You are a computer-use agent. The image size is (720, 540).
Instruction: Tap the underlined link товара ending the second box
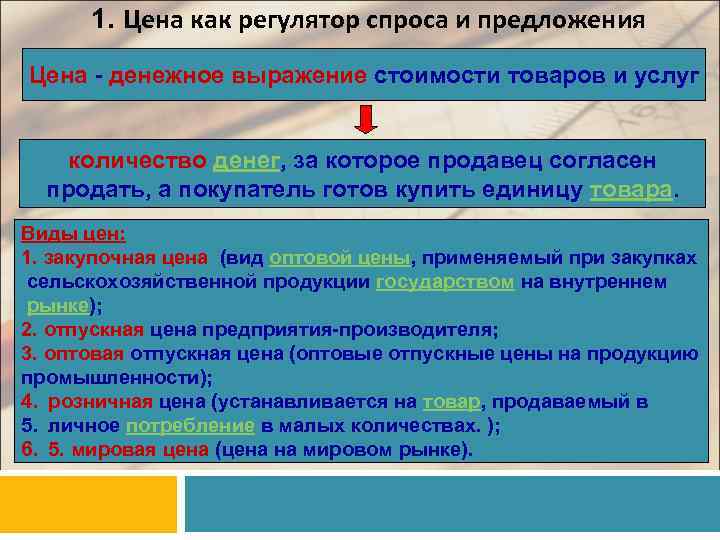pyautogui.click(x=632, y=190)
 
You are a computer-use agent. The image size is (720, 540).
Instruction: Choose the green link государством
pyautogui.click(x=445, y=282)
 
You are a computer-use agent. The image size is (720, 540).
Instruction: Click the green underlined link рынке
pyautogui.click(x=58, y=306)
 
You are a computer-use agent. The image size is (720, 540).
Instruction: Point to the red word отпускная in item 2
pyautogui.click(x=93, y=329)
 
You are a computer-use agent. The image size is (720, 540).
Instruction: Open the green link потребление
pyautogui.click(x=190, y=426)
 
